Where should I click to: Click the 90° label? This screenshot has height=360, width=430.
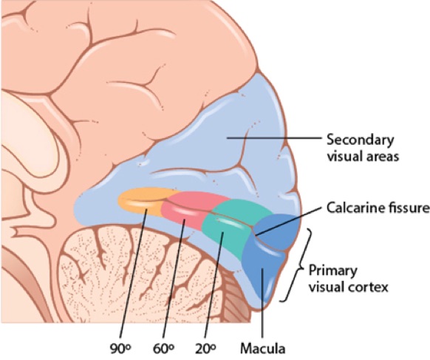coord(120,348)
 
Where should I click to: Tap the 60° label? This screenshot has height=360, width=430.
coord(163,348)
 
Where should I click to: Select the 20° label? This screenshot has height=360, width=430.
coord(205,348)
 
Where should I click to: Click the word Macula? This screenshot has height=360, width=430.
coord(263,348)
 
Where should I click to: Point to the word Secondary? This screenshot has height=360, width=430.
coord(360,140)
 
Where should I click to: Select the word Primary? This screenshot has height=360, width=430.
coord(333,271)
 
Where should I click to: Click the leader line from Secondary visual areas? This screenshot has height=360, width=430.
coord(274,138)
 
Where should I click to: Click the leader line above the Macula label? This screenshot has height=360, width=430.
coord(262,304)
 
